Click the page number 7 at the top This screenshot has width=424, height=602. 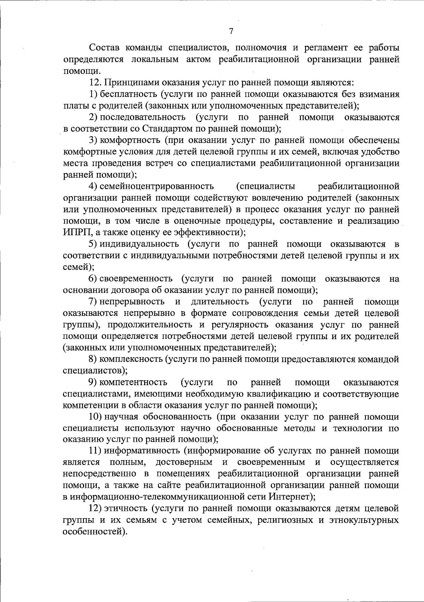coord(231,31)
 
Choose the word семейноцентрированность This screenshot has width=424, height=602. coord(157,186)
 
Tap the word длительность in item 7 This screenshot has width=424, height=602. coord(219,302)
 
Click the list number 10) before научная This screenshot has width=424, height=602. coord(95,417)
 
